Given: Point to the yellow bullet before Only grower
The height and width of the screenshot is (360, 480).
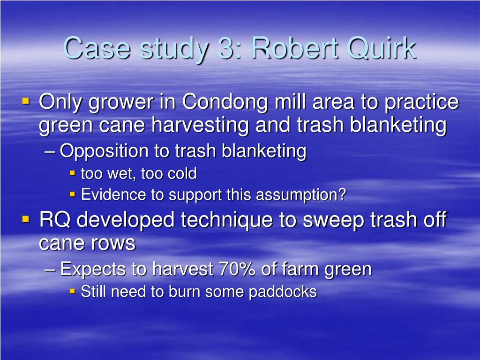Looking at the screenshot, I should (x=26, y=101).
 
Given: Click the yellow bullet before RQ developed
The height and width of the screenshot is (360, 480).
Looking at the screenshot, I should (x=26, y=219).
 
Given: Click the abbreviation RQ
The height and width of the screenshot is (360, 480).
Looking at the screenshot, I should (x=54, y=219).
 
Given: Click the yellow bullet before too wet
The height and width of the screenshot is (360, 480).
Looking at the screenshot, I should (x=73, y=173).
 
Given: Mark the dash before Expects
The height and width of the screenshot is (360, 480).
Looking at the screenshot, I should (x=52, y=270).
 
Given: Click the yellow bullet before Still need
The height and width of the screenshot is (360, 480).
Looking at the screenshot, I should (x=73, y=291).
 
